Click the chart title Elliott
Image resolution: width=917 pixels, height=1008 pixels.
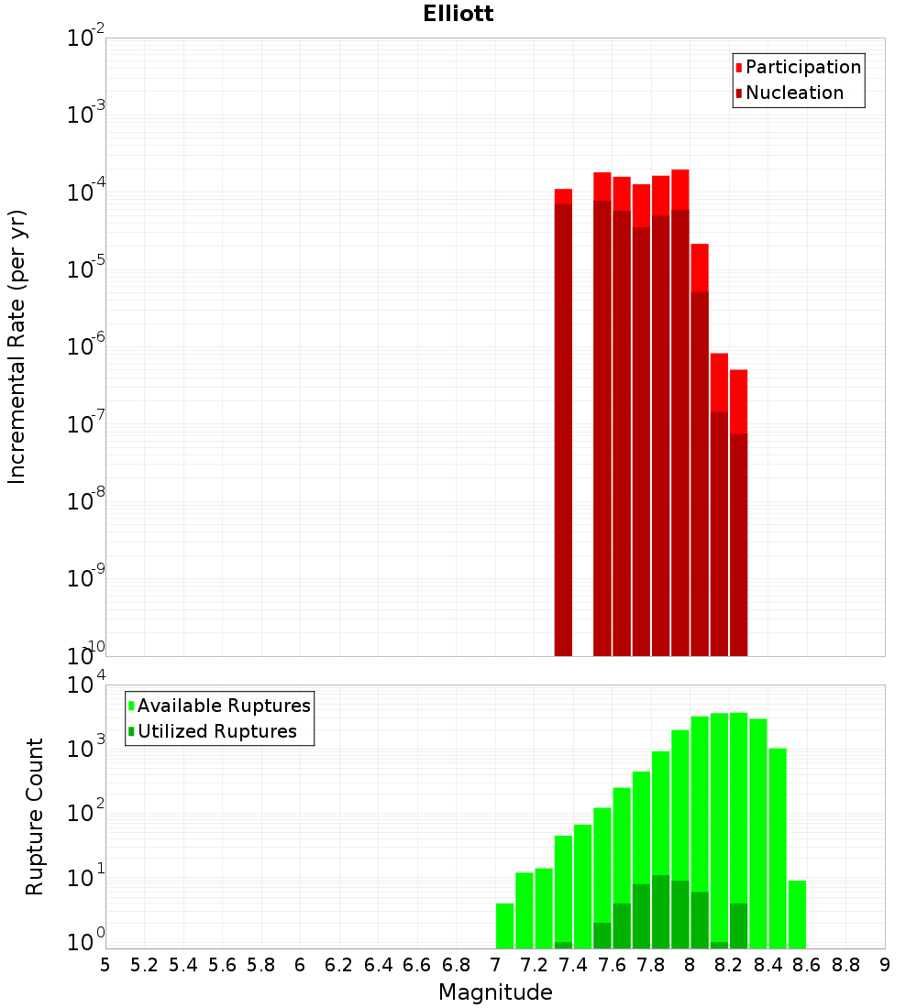point(458,14)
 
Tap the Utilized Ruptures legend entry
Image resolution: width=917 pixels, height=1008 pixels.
point(216,731)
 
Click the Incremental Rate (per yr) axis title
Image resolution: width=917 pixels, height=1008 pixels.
point(17,346)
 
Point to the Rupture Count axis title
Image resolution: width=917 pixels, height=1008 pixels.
point(35,816)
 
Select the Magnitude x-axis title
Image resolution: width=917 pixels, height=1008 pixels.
point(495,992)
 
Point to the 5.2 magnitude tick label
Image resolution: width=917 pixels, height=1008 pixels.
point(144,965)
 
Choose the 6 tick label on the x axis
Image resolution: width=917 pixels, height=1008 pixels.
point(300,965)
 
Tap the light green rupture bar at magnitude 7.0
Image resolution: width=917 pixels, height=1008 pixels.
point(504,926)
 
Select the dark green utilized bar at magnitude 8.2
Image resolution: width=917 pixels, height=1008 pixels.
point(738,926)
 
